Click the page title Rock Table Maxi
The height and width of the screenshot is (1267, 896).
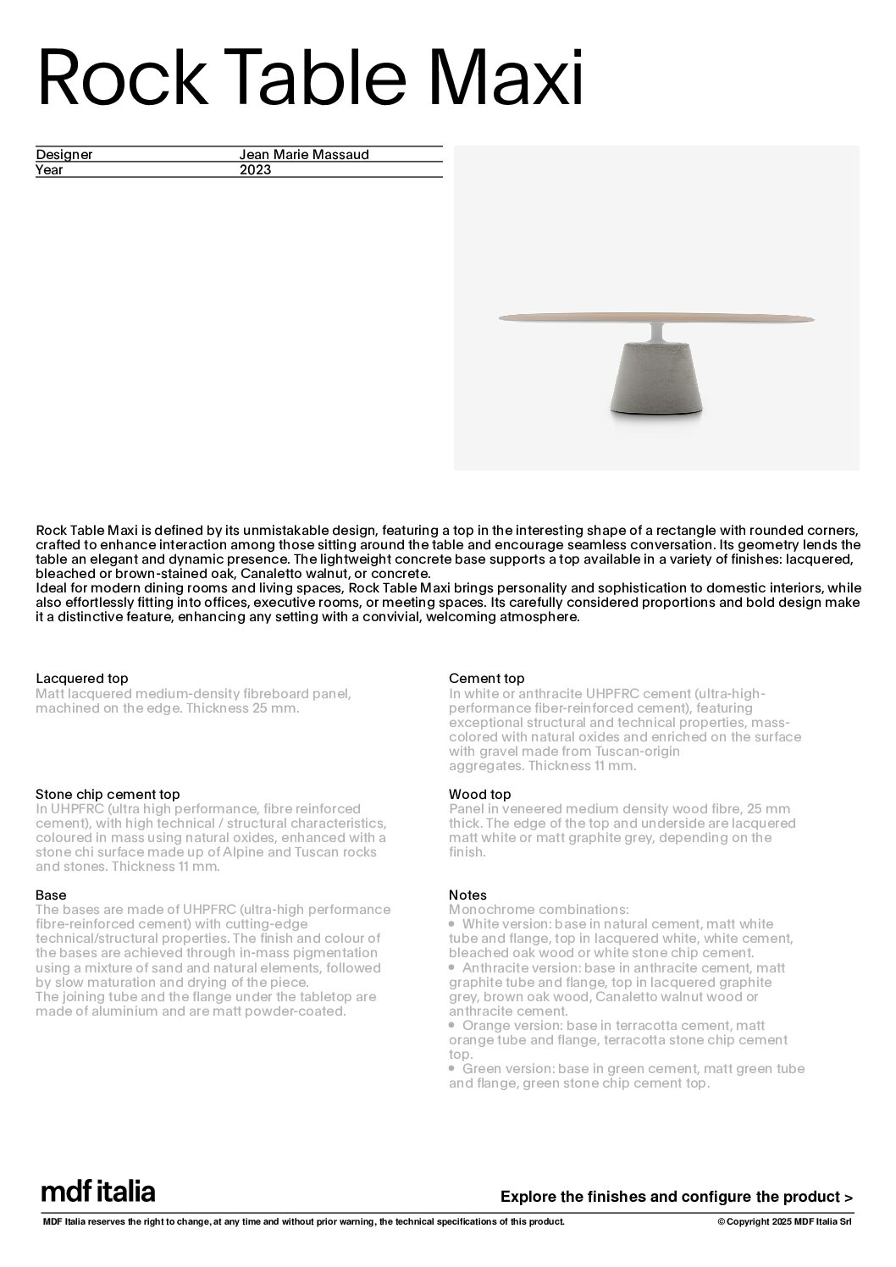pos(310,79)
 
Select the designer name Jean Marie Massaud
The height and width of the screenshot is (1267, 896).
pos(304,155)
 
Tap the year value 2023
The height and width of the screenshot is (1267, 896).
pos(255,170)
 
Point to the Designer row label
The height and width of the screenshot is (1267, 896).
pos(64,155)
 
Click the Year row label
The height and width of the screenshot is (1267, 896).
pos(49,170)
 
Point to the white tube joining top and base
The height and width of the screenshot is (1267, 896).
pos(656,333)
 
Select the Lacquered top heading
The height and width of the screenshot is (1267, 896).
pos(82,679)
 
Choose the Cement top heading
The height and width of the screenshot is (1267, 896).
pos(486,679)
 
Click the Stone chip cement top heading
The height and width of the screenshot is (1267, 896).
pos(108,795)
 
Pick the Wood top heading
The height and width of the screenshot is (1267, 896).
pos(479,795)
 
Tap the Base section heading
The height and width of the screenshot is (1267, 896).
pos(51,895)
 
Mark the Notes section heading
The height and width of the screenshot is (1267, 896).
pos(467,895)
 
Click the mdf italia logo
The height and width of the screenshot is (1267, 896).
pos(98,1192)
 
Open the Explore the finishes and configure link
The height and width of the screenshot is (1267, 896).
pos(677,1197)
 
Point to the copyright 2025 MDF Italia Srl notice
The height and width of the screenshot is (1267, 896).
pos(784,1221)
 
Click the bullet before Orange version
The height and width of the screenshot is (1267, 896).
pos(452,1025)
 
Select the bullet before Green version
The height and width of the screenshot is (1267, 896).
pos(452,1069)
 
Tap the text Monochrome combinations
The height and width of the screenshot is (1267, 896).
pos(539,910)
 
